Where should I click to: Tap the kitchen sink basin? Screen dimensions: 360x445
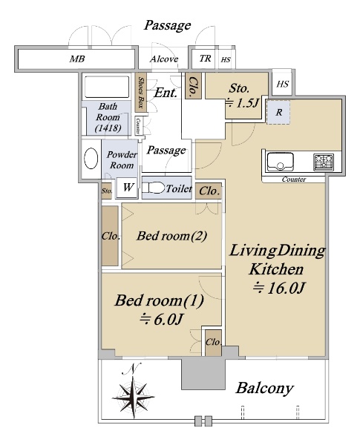pos(280,162)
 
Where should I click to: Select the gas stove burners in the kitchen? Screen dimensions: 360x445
pos(324,162)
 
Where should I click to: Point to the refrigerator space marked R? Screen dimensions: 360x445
pos(278,112)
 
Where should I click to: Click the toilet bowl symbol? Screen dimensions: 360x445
pos(154,188)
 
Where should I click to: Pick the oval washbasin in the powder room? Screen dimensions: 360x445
pos(91,159)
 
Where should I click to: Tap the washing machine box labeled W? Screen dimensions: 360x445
pos(127,188)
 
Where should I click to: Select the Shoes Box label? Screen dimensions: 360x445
pos(140,93)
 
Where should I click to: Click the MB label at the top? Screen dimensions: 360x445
pos(77,59)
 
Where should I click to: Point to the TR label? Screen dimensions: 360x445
pos(205,59)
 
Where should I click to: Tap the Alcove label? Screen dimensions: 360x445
pos(164,59)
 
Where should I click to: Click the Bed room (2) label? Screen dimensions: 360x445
pos(171,236)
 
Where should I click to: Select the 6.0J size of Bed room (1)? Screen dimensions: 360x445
pos(160,319)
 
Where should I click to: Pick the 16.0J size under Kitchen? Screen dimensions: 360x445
pos(279,288)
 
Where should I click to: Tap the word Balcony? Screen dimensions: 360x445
pos(264,388)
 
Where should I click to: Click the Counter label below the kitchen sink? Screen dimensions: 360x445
pos(294,179)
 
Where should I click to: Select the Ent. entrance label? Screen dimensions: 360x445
pos(166,93)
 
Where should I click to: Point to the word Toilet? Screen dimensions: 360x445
pos(179,188)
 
